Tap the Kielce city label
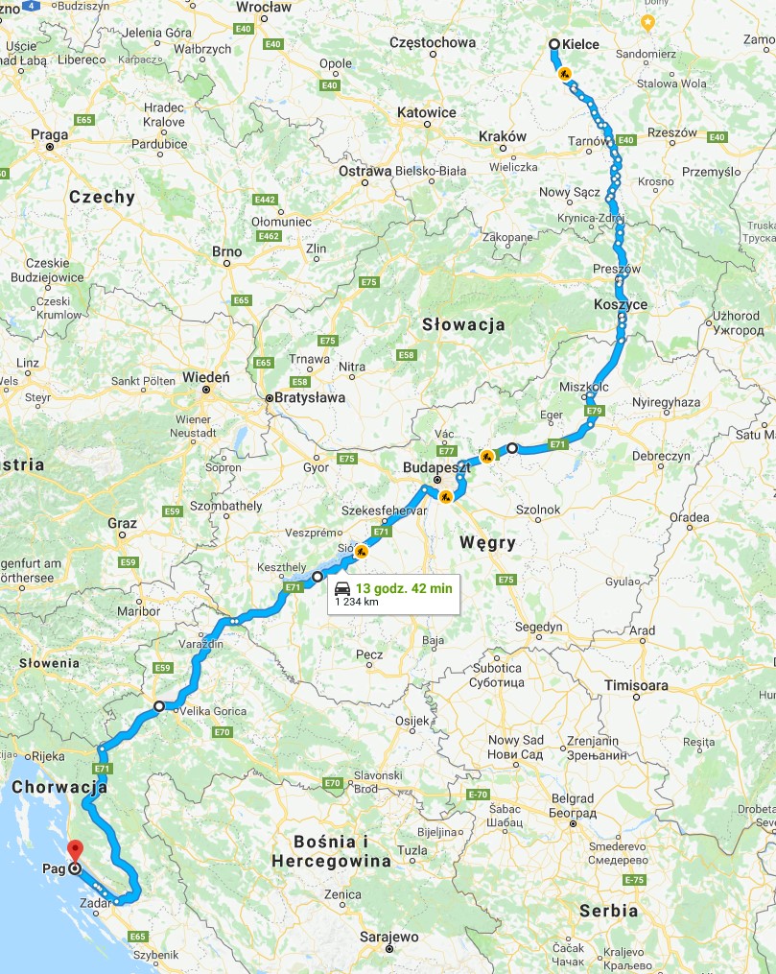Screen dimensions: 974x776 (x=580, y=44)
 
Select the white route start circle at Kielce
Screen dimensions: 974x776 (x=554, y=43)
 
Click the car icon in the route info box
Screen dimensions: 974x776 (x=342, y=587)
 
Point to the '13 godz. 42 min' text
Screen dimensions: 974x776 (x=404, y=587)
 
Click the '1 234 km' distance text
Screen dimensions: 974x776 (x=354, y=603)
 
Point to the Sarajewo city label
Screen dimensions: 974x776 (x=389, y=936)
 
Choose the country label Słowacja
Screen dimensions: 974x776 (x=463, y=324)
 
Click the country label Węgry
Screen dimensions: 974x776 (x=487, y=542)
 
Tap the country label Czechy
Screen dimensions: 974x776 (x=102, y=197)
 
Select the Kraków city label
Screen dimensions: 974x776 (x=502, y=136)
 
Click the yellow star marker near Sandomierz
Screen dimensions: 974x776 (x=647, y=21)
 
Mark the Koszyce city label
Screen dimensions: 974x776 (x=621, y=304)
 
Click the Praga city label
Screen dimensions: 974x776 (x=50, y=135)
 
